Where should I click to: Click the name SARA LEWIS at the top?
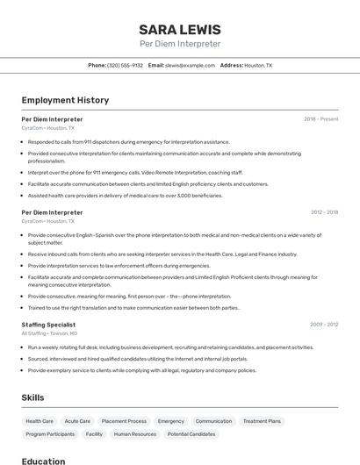click(180, 29)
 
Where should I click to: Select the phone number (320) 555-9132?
click(125, 65)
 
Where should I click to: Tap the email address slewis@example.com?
click(190, 65)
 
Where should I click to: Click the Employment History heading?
click(65, 100)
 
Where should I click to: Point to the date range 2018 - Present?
click(320, 118)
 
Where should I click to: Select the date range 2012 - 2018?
click(324, 211)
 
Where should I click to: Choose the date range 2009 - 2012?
click(324, 324)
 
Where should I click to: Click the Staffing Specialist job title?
click(48, 325)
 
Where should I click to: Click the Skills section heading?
click(32, 397)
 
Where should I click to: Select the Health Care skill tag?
click(40, 421)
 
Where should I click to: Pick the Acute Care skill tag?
click(77, 421)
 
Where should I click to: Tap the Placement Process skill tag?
click(124, 421)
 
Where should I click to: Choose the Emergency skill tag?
click(171, 421)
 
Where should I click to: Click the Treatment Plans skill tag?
click(262, 421)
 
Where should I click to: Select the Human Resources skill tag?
click(135, 434)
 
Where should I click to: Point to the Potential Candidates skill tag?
click(191, 434)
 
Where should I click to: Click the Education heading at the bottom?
click(43, 461)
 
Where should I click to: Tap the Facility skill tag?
click(94, 434)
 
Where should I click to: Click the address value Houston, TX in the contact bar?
click(258, 65)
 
